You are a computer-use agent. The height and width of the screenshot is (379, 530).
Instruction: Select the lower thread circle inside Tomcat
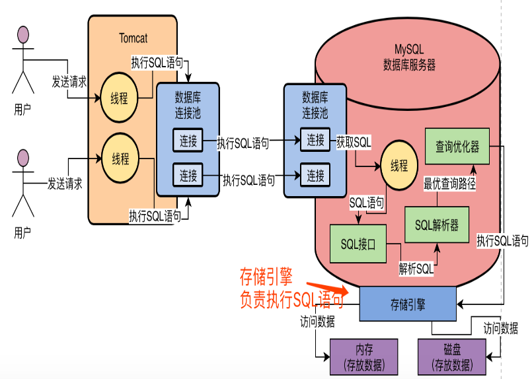coord(120,158)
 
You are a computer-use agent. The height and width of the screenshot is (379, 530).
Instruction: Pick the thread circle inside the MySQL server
coord(399,166)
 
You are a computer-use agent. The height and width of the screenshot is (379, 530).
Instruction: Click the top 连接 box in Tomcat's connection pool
coord(188,140)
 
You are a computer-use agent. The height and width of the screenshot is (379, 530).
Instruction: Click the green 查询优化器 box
coord(457,147)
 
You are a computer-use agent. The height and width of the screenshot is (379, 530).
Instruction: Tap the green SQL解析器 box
coord(437,224)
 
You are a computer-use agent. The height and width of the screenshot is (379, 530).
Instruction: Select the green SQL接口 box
coord(358,244)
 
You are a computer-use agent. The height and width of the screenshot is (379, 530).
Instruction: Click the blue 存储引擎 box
coord(408,304)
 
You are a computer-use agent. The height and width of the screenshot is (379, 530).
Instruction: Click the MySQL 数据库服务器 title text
coord(409,58)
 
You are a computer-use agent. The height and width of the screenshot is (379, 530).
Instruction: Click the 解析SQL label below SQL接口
coord(416,269)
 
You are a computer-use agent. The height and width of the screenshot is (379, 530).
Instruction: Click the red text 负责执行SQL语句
coord(291,301)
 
